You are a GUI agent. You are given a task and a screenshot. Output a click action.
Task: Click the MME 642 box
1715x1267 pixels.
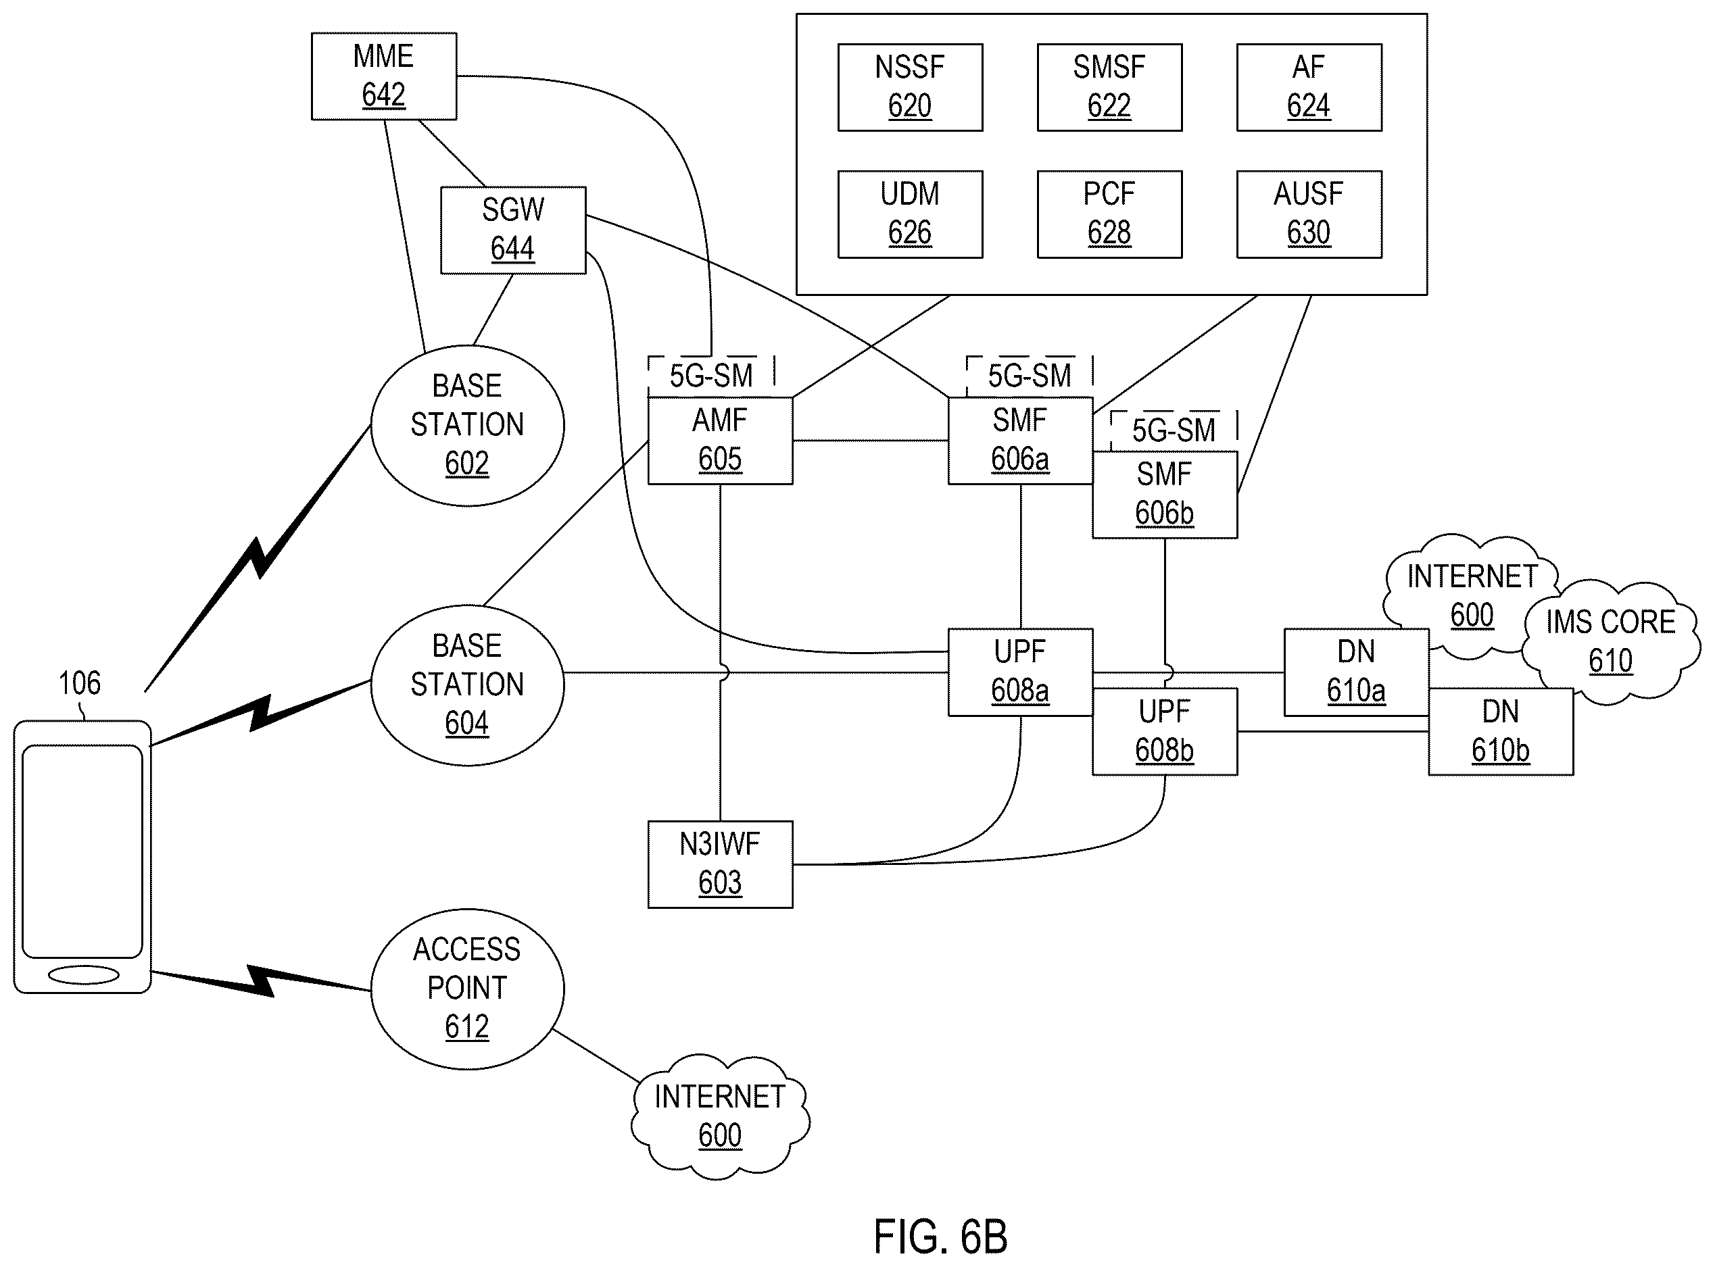[384, 76]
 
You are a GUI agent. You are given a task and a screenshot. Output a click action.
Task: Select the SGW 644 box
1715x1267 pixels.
[512, 230]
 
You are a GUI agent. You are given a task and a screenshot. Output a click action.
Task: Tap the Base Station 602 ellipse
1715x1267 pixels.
[467, 425]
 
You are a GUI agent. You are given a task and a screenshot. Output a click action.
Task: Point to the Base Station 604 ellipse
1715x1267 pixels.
[467, 685]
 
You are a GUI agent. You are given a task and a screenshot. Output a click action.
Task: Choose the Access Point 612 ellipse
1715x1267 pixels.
[467, 989]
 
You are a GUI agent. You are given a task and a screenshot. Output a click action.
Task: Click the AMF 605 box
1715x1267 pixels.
[720, 440]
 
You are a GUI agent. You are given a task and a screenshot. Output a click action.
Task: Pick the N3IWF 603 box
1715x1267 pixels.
[720, 864]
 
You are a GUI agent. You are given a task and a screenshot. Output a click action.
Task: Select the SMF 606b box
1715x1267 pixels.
[1165, 495]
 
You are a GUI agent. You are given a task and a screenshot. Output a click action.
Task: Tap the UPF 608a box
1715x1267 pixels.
[1020, 672]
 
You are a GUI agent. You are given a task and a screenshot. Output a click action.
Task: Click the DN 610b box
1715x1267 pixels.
[1501, 732]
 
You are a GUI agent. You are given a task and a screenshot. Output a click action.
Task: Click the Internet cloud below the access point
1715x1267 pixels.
[720, 1116]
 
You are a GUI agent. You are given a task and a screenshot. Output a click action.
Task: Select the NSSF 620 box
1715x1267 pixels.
[910, 87]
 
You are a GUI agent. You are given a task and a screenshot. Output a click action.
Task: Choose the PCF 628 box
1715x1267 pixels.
[1109, 214]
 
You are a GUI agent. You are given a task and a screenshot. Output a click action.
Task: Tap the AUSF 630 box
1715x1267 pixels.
[1309, 214]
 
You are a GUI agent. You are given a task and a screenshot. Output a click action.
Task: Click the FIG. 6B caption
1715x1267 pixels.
[940, 1237]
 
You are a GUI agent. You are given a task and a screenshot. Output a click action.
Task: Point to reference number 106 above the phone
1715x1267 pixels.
[79, 682]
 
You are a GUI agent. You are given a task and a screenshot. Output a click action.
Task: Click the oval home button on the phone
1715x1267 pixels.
[83, 975]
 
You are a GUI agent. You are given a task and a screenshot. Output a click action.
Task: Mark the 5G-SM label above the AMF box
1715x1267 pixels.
[711, 376]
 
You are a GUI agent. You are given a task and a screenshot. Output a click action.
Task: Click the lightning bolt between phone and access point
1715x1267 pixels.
[261, 981]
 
